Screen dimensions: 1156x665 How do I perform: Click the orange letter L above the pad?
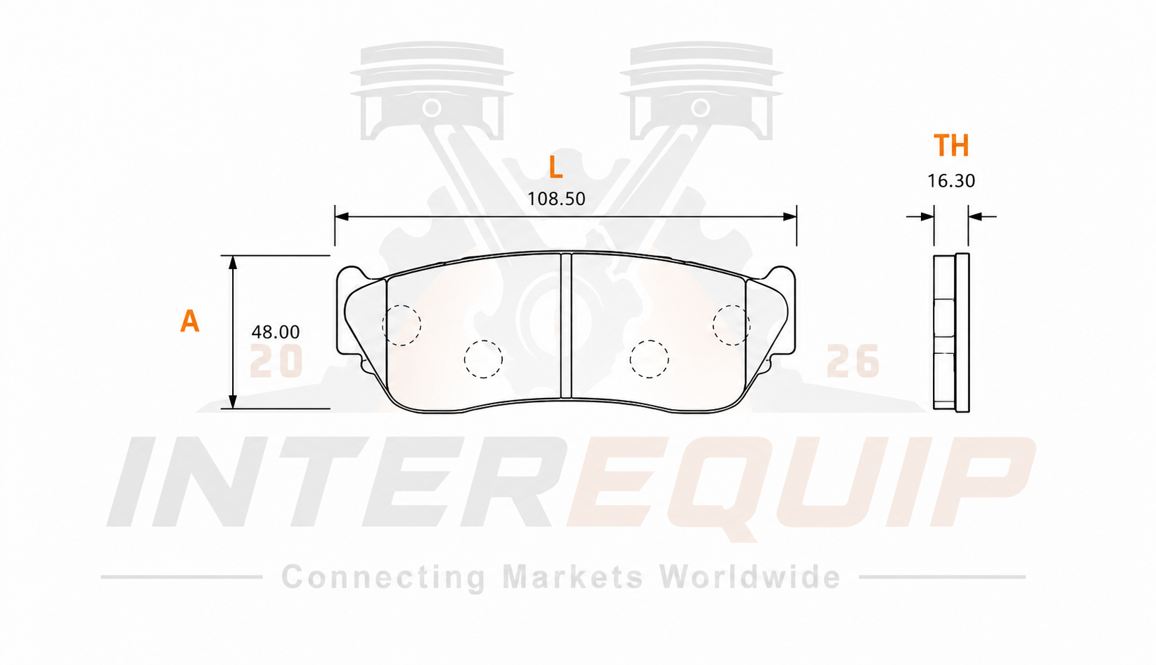[x=556, y=167]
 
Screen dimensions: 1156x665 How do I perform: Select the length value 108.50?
[x=557, y=199]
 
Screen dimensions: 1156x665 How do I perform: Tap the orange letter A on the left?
[x=190, y=321]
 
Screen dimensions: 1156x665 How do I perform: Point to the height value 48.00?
[x=275, y=331]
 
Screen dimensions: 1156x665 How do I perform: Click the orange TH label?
[x=951, y=145]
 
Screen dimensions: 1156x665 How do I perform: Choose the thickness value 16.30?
[x=951, y=180]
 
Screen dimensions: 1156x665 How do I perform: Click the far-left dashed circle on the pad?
[x=401, y=325]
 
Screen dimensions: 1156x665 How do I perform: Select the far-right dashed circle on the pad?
[x=732, y=325]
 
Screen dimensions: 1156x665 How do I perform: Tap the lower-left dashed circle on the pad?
[x=483, y=359]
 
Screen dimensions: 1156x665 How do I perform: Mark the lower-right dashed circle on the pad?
[x=649, y=359]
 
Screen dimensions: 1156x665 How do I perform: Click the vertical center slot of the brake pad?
[x=566, y=325]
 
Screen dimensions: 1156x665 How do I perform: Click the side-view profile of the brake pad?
[x=951, y=333]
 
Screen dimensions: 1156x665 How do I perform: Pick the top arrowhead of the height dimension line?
[x=233, y=262]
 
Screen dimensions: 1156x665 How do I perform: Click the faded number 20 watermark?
[x=276, y=361]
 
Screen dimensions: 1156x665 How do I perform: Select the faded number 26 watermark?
[x=852, y=361]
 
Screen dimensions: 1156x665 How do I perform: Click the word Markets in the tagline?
[x=573, y=576]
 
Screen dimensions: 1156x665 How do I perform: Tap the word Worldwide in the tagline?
[x=750, y=576]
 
